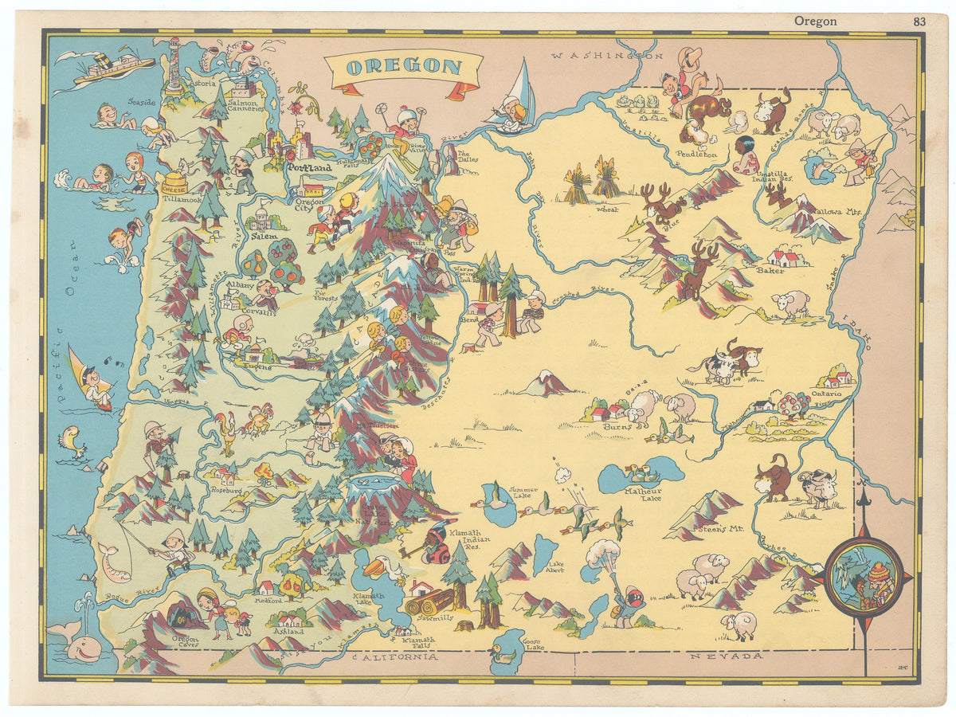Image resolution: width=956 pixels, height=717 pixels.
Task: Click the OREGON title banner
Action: [x=404, y=67]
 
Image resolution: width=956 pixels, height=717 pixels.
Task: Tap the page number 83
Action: [x=919, y=22]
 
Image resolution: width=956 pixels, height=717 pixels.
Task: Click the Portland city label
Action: [x=309, y=168]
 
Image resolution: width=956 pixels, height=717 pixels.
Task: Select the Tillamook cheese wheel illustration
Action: [x=174, y=184]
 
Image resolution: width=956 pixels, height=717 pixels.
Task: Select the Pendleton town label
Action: [x=697, y=154]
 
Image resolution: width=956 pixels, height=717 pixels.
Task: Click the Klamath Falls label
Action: [x=419, y=641]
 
